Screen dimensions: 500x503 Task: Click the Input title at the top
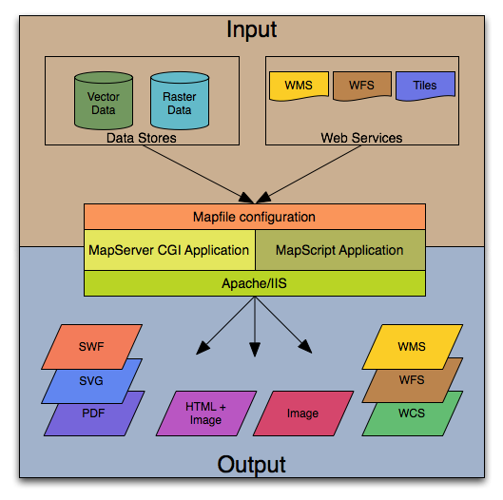coord(251,29)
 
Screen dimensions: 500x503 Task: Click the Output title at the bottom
coord(251,465)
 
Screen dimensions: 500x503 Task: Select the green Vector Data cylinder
coord(104,100)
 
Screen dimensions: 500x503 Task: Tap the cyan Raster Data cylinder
coord(179,100)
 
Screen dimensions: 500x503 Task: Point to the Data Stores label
coord(141,139)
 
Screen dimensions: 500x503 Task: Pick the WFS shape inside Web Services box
coord(361,85)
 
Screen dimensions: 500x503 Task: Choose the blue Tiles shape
coord(424,85)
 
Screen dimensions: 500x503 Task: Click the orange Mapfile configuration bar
coord(254,217)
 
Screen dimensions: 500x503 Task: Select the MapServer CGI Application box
coord(169,251)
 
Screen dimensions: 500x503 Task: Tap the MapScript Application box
coord(339,251)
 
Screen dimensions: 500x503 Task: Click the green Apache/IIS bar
coord(254,282)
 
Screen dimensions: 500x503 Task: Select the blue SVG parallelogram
coord(91,380)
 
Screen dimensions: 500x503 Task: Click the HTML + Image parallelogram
coord(206,413)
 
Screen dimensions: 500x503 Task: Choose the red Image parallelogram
coord(301,413)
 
